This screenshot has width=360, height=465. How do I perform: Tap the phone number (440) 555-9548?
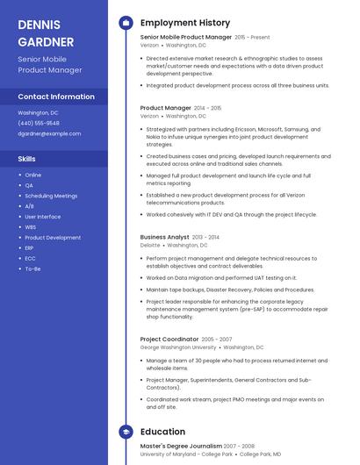point(39,123)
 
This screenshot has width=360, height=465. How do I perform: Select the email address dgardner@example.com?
point(49,133)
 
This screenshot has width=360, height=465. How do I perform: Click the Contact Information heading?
point(56,97)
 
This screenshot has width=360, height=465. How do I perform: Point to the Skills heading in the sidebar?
point(27,159)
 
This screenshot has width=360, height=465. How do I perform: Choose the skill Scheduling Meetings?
point(51,196)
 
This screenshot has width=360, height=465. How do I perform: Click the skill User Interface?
point(43,217)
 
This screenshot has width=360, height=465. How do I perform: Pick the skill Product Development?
point(53,237)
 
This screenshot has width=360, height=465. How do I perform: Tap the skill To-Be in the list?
point(32,268)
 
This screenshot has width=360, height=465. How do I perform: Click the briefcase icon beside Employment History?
point(126,23)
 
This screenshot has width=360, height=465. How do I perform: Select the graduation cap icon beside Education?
point(126,432)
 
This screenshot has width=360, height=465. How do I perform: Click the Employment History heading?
point(185,23)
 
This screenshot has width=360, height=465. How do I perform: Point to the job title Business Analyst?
point(164,237)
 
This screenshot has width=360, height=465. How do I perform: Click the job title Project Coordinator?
point(169,339)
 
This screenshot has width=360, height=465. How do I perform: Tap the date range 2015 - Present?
point(252,38)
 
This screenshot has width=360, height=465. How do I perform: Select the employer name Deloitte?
point(150,246)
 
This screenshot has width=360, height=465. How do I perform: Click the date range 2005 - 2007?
point(217,339)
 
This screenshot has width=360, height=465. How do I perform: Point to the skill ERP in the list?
point(30,247)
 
